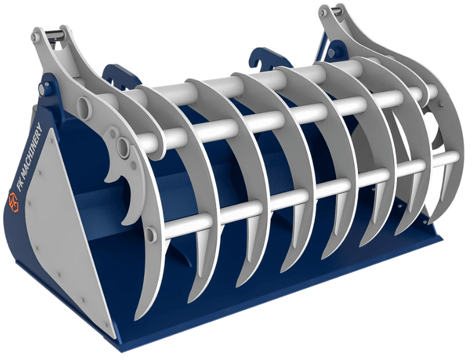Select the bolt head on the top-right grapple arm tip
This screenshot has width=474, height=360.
324,12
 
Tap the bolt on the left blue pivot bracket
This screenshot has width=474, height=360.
41,89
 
